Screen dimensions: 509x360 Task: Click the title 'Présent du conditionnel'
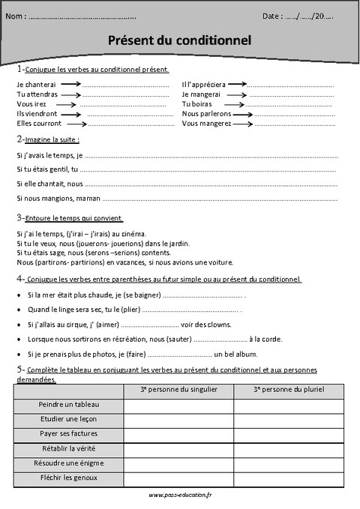coord(181,39)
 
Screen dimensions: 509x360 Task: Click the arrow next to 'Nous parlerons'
coord(243,114)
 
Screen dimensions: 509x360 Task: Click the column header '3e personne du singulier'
coord(178,390)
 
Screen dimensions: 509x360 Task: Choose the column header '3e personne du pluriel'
coord(289,390)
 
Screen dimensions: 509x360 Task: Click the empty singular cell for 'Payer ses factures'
coord(178,434)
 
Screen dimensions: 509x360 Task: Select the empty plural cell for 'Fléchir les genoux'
coord(289,478)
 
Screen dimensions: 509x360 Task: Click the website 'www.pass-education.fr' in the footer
coord(180,496)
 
